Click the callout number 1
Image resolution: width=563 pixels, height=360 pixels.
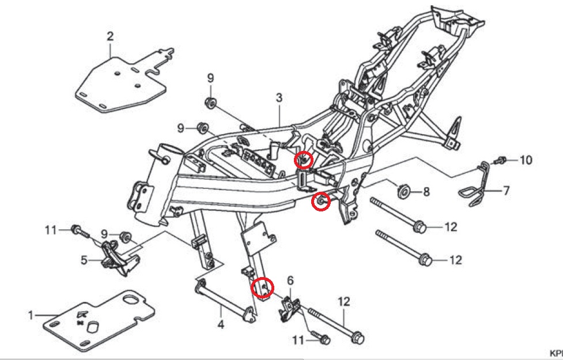[x=32, y=315]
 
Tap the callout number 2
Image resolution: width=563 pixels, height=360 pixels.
[x=110, y=36]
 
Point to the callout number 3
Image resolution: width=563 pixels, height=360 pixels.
[x=279, y=98]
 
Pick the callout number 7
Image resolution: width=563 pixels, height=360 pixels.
[x=507, y=190]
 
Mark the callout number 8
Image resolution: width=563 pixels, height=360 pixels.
[x=426, y=191]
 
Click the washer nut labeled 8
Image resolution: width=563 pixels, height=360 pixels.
[x=403, y=190]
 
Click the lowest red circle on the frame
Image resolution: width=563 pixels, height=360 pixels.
[x=262, y=286]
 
